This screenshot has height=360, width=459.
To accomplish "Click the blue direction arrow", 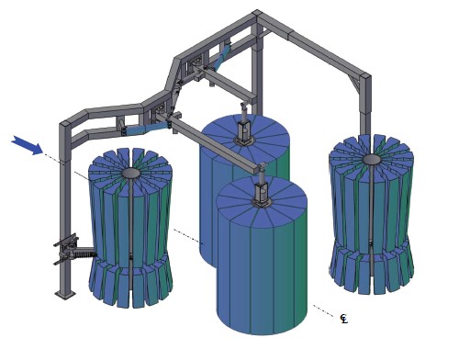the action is (x=28, y=145).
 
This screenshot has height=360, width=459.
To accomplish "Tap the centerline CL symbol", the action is (x=344, y=319).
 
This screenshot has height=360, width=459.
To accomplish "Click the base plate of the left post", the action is (x=65, y=295).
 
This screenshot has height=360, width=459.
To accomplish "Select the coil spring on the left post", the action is (x=84, y=253).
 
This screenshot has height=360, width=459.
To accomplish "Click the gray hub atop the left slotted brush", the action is (x=131, y=174).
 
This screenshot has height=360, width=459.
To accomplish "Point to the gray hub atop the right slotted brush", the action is (x=372, y=159).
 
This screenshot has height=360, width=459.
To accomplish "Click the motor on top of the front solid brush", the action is (x=262, y=190).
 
